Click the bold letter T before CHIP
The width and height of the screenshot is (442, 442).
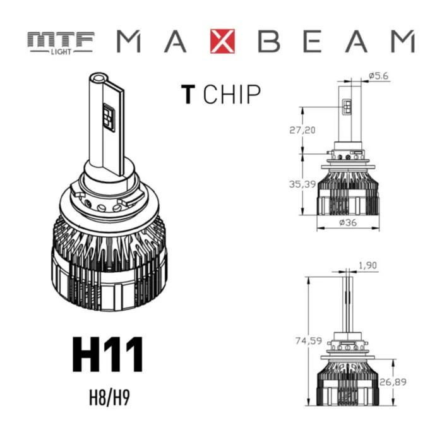tap(187, 94)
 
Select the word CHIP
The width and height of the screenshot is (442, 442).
tap(232, 94)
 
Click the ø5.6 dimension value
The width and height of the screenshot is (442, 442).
tap(378, 76)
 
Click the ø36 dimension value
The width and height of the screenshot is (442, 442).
tap(349, 222)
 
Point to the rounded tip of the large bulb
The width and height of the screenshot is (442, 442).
tap(98, 79)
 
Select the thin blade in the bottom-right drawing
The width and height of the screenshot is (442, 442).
tap(347, 303)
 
